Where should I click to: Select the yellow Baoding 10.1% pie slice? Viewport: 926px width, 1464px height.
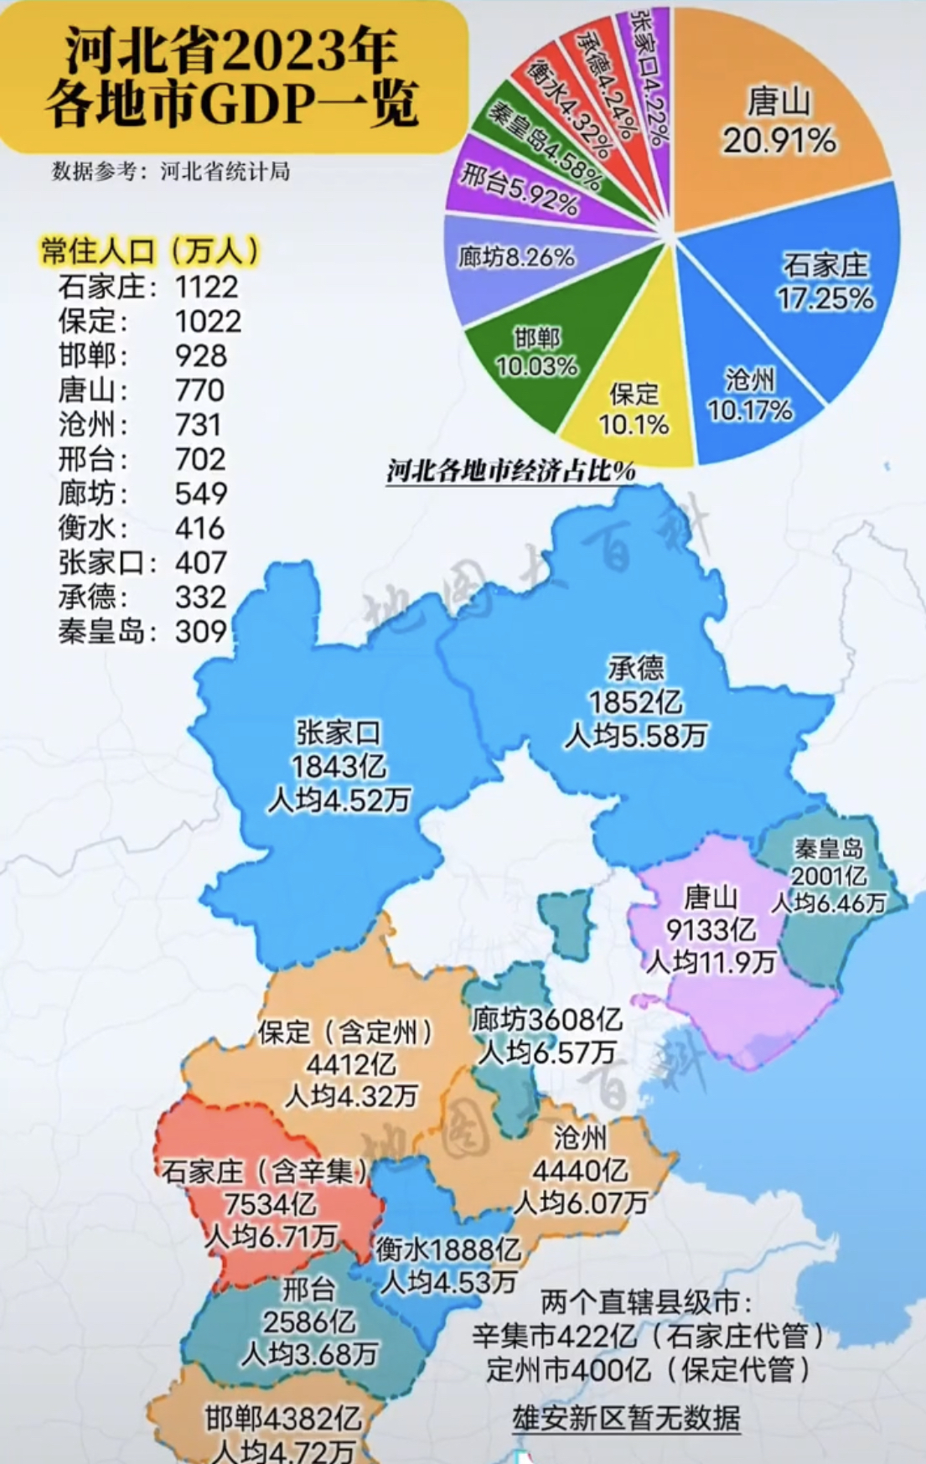(x=634, y=411)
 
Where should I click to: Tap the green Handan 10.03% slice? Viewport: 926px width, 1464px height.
(x=536, y=352)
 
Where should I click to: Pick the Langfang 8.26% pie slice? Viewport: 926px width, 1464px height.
(x=516, y=257)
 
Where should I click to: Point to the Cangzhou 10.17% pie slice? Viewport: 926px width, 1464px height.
(x=749, y=396)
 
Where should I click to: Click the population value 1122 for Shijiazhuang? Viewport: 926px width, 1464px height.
(x=206, y=287)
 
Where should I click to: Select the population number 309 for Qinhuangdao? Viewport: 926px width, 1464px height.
(x=201, y=631)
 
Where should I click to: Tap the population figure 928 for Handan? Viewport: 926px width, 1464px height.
(x=201, y=355)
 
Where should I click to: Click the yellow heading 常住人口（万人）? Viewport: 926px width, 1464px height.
(x=151, y=251)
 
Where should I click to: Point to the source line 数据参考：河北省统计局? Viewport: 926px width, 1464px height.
(x=171, y=172)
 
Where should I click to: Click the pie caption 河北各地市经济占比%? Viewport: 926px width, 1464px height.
(x=511, y=471)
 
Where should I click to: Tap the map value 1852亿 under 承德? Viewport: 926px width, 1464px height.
(x=635, y=702)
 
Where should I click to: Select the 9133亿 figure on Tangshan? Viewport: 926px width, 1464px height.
(x=710, y=929)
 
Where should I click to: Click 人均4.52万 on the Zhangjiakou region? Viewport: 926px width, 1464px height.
(x=339, y=800)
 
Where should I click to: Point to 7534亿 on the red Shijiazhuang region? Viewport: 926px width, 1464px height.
(x=270, y=1204)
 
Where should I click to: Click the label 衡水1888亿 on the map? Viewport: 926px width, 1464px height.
(x=448, y=1249)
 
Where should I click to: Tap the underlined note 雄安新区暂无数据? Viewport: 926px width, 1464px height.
(x=626, y=1417)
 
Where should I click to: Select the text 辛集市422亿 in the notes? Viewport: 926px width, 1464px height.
(x=554, y=1335)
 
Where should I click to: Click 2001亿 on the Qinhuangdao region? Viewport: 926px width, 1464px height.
(x=829, y=876)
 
